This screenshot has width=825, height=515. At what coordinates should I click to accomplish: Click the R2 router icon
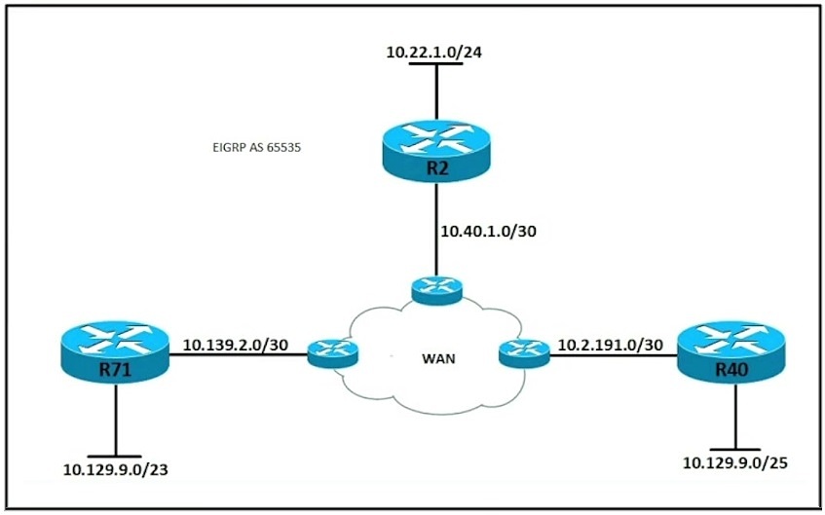click(436, 151)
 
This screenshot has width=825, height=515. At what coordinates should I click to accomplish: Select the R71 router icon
click(115, 351)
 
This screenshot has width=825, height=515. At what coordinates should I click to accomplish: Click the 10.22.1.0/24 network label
click(434, 53)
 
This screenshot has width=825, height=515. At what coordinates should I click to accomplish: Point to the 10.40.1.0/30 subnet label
click(488, 231)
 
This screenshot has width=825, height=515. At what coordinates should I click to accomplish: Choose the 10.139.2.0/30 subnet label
click(236, 345)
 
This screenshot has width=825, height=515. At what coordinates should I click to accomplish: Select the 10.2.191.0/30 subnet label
click(611, 345)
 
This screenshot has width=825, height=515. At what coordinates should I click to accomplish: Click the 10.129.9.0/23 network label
click(116, 469)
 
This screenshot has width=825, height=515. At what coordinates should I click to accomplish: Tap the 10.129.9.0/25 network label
click(735, 463)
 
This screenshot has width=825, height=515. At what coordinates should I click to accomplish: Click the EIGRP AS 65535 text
click(257, 148)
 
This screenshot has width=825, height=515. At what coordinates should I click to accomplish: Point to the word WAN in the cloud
click(438, 359)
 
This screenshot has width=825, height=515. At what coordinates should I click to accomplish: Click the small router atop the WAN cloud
click(436, 291)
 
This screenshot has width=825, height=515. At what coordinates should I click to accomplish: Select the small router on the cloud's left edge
click(332, 353)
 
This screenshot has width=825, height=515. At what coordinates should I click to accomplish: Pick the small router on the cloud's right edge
click(524, 353)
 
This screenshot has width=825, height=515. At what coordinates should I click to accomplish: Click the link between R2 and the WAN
click(436, 230)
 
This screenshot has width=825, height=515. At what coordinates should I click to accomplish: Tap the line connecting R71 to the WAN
click(239, 354)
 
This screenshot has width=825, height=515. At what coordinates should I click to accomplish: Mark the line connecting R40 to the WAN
click(614, 355)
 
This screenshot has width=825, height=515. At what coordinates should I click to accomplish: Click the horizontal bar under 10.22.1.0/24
click(436, 63)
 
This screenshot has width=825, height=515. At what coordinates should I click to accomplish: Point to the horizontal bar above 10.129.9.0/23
click(115, 456)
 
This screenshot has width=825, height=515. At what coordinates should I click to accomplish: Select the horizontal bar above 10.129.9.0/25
click(735, 450)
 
